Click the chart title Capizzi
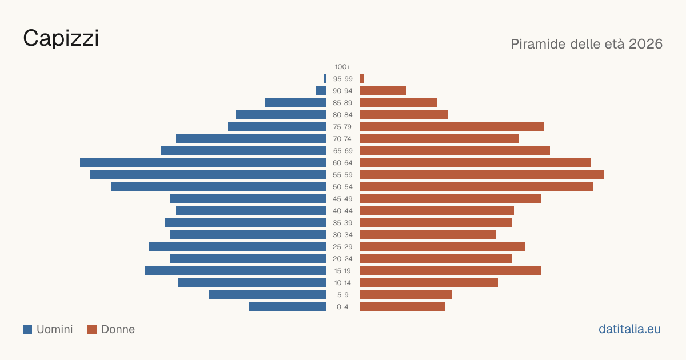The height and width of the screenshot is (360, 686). click(61, 38)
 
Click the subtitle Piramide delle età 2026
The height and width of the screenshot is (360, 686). click(587, 44)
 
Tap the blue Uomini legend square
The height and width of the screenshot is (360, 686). click(27, 329)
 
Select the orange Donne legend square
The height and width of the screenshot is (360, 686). click(92, 329)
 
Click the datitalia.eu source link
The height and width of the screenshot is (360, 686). click(629, 329)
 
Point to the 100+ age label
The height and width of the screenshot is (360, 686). click(342, 67)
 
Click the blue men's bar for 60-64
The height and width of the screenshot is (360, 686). click(203, 162)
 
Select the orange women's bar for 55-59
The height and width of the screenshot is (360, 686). click(482, 174)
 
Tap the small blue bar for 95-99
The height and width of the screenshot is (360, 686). click(325, 79)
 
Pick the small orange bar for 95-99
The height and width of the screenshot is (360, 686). click(362, 79)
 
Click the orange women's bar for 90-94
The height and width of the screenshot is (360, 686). click(383, 91)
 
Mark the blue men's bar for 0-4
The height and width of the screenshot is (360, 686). click(287, 306)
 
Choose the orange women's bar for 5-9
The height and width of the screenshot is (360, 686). click(406, 294)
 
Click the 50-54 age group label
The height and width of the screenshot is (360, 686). click(342, 187)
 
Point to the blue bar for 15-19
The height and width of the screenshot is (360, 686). click(235, 271)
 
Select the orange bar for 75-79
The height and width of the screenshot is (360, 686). click(452, 127)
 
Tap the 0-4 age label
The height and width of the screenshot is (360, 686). click(342, 307)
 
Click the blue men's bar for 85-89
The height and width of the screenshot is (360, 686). click(296, 102)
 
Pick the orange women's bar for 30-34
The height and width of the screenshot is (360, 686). click(428, 234)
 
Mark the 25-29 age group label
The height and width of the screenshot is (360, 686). click(342, 247)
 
